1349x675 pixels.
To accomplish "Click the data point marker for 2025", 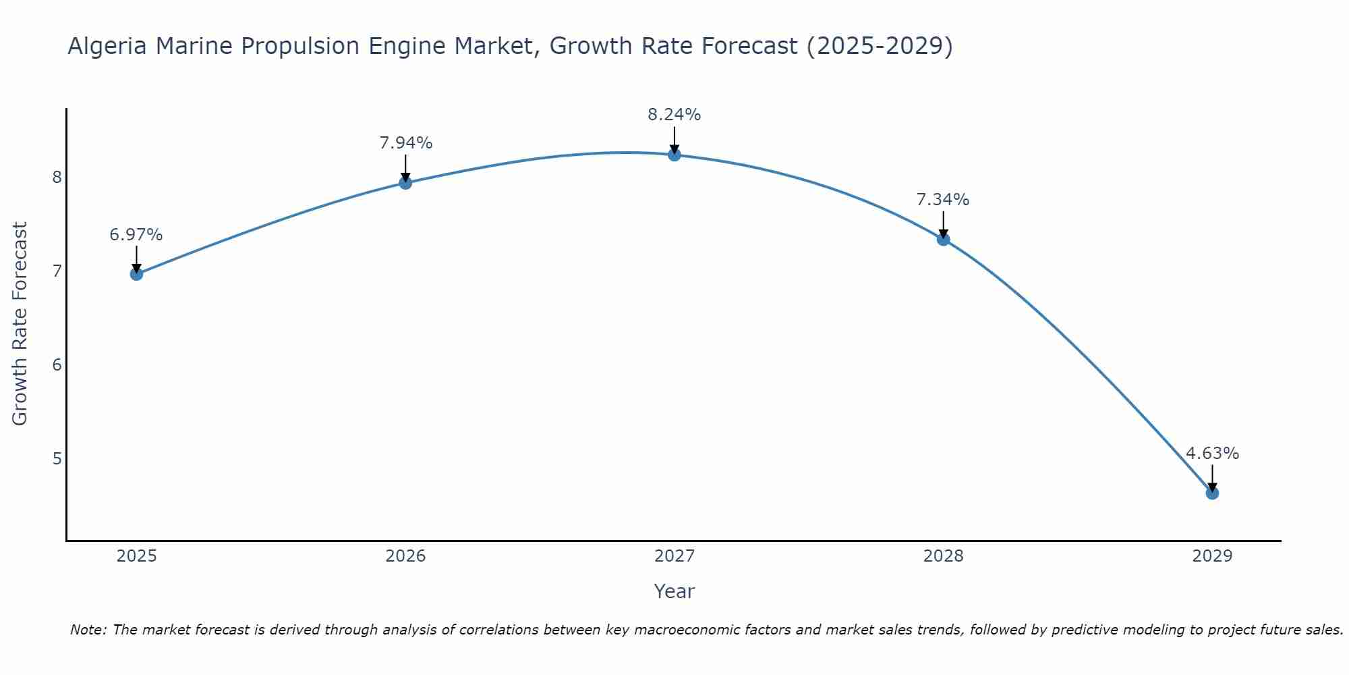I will coord(136,274).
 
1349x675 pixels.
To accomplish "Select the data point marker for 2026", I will coord(405,183).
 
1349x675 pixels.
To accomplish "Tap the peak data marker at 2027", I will coord(674,155).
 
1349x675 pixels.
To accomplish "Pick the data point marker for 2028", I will coord(944,239).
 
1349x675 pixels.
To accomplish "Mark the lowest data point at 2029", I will coord(1212,493).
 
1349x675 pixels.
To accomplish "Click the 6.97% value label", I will coord(136,235).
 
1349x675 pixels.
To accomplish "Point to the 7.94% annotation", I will coord(405,143).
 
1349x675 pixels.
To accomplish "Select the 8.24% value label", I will coord(674,115).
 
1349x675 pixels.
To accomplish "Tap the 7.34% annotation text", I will coord(943,200).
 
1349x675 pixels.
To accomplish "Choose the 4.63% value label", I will coord(1212,454).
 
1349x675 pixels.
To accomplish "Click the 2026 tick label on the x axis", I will coord(405,556).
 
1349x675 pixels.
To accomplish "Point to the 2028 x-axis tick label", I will coord(944,556).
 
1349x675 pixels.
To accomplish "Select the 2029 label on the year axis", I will coord(1212,556).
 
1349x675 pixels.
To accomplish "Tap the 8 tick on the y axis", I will coord(57,178).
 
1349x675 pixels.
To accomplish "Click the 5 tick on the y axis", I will coord(57,459).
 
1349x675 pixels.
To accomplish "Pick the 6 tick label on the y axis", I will coord(57,365).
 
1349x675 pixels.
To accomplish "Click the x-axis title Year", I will coord(674,591).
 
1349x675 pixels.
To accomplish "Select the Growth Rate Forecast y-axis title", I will coord(20,324).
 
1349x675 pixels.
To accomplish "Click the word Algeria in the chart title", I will coord(108,46).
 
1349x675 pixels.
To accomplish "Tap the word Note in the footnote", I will coord(88,630).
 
